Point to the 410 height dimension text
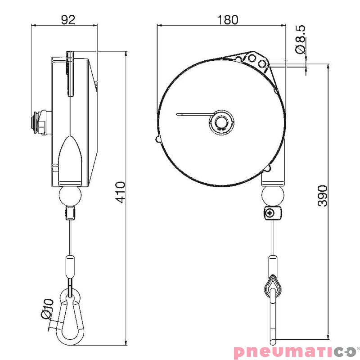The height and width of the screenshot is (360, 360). [120, 192]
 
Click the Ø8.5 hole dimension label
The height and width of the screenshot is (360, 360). [301, 40]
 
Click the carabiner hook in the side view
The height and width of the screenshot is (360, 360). [70, 319]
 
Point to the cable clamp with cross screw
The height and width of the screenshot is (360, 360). [272, 213]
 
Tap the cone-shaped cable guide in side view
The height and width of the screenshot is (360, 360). [71, 157]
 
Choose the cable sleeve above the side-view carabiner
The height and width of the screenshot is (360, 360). [70, 266]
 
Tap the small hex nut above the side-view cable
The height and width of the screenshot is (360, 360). [70, 212]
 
